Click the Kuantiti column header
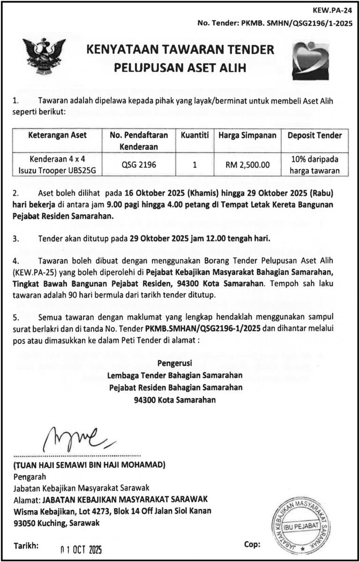click(194, 135)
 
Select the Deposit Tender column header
click(315, 135)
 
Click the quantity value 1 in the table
click(194, 164)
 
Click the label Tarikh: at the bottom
click(27, 546)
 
